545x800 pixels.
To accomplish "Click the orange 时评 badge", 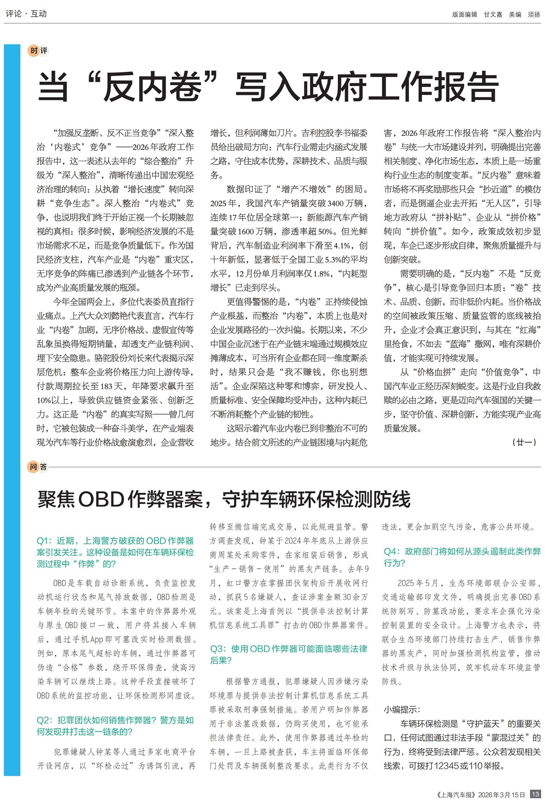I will tap(38, 51).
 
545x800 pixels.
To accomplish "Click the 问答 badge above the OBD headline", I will tap(38, 467).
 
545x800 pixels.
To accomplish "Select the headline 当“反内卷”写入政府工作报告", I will tap(268, 87).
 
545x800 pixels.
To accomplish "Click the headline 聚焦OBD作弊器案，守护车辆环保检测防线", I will tap(224, 499).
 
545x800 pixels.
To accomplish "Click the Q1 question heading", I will tap(115, 552).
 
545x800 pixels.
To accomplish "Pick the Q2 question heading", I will tap(115, 726).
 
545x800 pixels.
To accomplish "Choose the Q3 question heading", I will tap(288, 654).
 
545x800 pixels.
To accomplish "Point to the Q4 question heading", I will tap(462, 557).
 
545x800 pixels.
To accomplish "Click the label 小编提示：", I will tap(402, 709).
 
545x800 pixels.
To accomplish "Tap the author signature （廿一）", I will tap(524, 442).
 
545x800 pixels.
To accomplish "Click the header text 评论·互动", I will tap(26, 14).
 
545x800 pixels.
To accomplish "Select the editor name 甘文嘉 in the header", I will tap(493, 14).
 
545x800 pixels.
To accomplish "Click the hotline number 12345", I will tap(447, 765).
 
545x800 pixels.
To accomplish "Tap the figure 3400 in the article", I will tap(336, 203).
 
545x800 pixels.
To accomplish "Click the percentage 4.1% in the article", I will tap(343, 245).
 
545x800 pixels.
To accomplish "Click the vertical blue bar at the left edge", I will tap(12, 409).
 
